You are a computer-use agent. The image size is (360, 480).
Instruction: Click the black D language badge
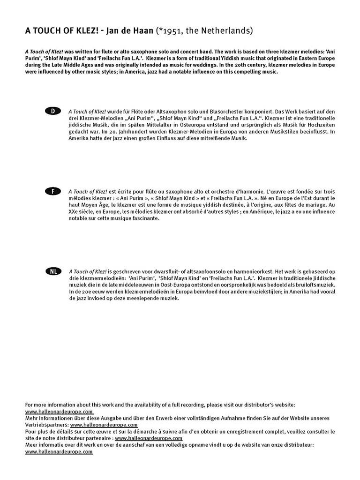(52, 111)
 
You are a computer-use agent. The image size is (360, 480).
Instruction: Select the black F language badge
(52, 191)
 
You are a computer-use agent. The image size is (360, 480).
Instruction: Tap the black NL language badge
(52, 271)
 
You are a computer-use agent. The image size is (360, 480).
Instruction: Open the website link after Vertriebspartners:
(104, 425)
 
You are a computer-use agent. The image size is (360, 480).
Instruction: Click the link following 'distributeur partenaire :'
(149, 438)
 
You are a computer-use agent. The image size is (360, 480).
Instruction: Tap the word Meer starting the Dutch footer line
(31, 445)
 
